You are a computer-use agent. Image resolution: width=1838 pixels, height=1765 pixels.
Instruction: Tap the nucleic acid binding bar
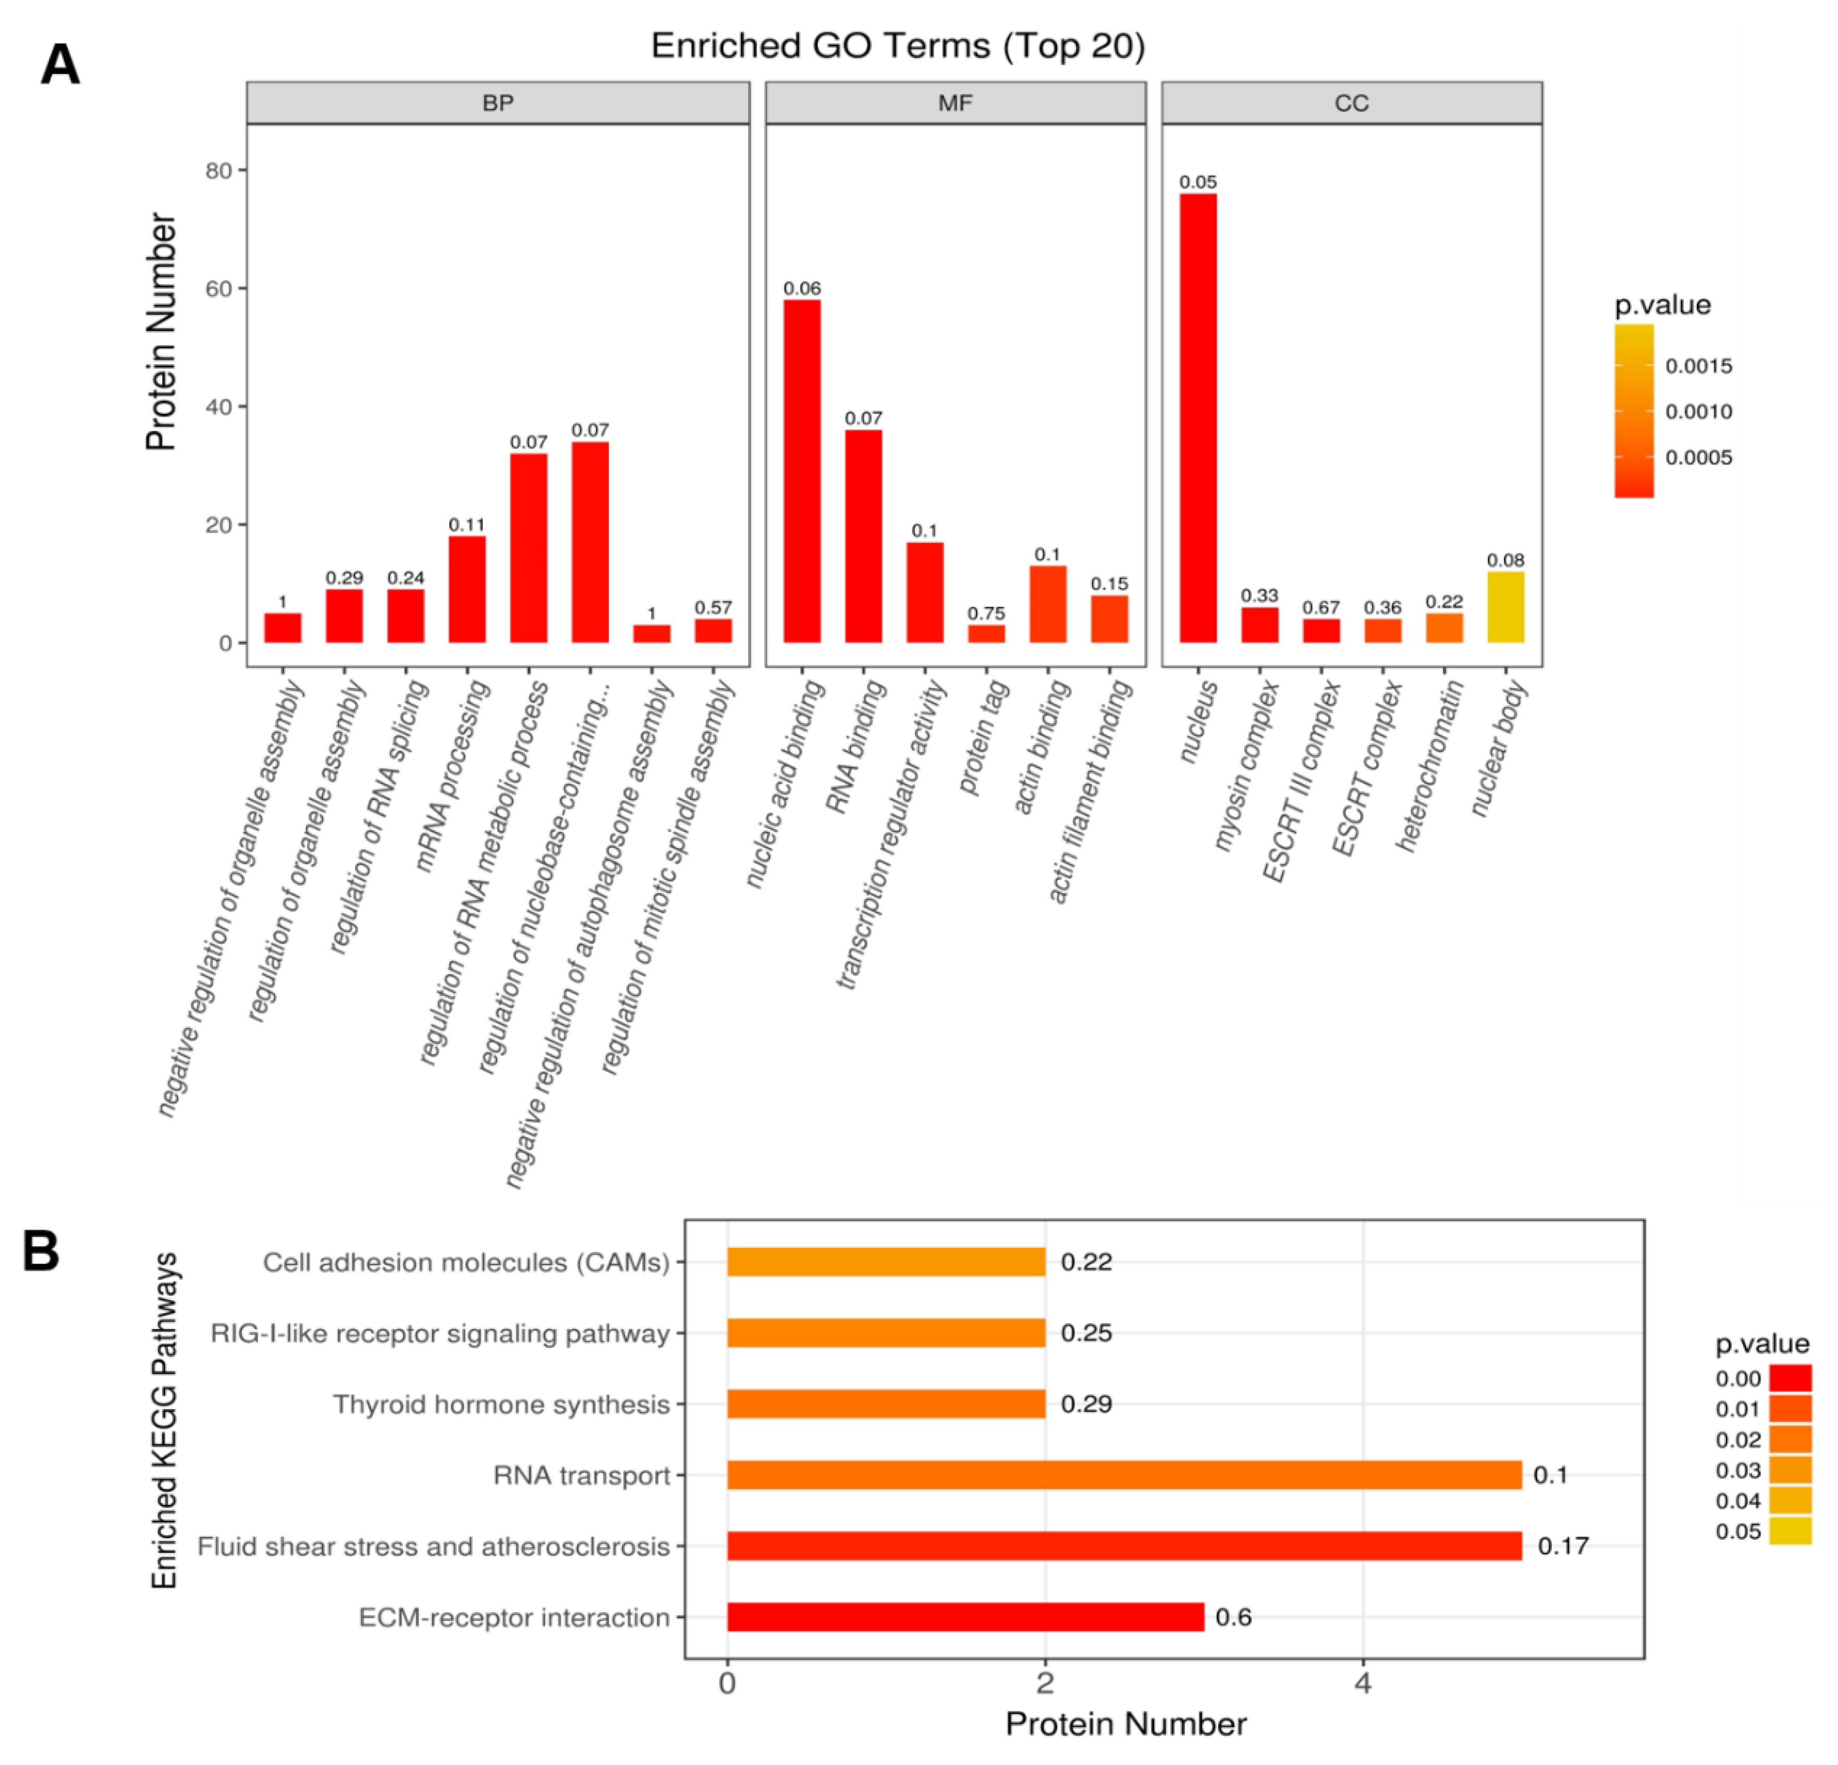pyautogui.click(x=802, y=471)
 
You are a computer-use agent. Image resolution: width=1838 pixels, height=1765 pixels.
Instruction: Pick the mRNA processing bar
pyautogui.click(x=467, y=589)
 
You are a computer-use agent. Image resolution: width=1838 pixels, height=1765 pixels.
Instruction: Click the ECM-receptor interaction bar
pyautogui.click(x=965, y=1617)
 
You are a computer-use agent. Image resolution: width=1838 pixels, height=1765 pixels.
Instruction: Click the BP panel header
pyautogui.click(x=498, y=102)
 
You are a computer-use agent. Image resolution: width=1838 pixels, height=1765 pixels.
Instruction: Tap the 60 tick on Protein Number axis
pyautogui.click(x=218, y=288)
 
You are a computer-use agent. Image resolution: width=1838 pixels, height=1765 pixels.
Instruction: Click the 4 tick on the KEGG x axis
pyautogui.click(x=1363, y=1683)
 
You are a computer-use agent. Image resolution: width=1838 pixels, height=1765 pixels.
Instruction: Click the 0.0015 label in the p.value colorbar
pyautogui.click(x=1698, y=366)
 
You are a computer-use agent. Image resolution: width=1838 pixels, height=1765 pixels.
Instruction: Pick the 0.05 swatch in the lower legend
pyautogui.click(x=1790, y=1530)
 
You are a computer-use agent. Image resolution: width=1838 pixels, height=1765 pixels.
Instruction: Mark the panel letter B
pyautogui.click(x=41, y=1252)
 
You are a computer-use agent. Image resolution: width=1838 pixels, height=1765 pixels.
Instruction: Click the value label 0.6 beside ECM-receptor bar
pyautogui.click(x=1233, y=1617)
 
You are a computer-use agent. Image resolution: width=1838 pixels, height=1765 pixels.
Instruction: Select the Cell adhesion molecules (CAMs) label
pyautogui.click(x=466, y=1263)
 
